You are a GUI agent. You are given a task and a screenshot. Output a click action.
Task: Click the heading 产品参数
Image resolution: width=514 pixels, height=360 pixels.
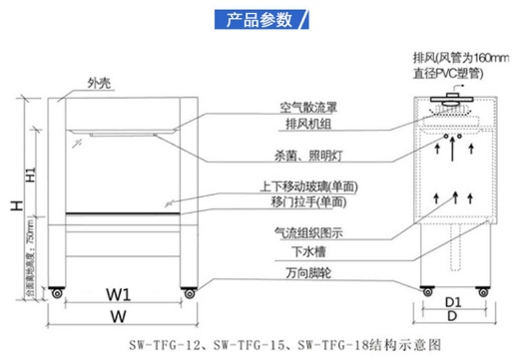257,20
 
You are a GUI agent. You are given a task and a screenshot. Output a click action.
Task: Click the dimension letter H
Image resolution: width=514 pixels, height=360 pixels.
14,205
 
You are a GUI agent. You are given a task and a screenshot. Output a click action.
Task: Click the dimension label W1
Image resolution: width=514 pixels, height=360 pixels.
120,296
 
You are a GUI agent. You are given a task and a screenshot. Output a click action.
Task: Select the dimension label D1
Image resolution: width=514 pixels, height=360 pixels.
452,299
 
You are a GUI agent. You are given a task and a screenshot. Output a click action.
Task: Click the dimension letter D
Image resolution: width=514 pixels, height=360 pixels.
452,315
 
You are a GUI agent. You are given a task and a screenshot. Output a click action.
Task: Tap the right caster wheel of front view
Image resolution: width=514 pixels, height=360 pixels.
188,292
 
